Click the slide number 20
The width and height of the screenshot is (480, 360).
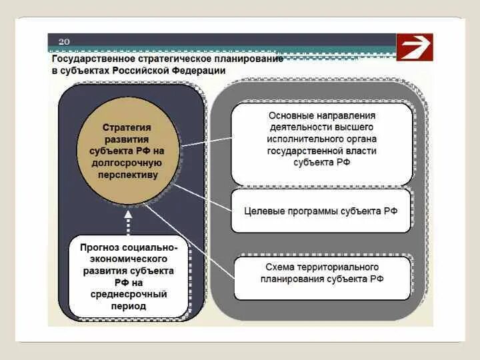pos(64,41)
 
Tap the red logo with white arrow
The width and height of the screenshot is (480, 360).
pos(415,47)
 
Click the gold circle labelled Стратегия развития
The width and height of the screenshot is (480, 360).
pos(127,152)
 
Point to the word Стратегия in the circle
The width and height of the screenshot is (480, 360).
pos(127,127)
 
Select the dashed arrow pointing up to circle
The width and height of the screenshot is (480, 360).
pos(127,220)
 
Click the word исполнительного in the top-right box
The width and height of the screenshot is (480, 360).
pos(321,139)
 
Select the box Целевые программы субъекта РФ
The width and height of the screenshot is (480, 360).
pos(321,211)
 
